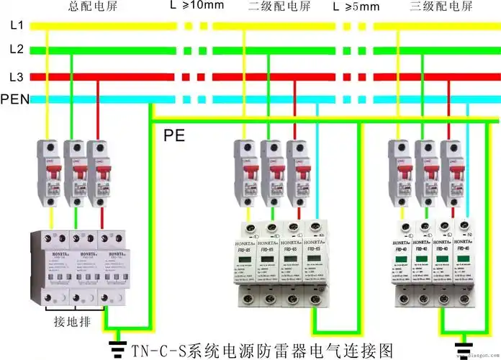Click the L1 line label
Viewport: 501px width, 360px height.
(17, 26)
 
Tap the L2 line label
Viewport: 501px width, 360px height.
(17, 50)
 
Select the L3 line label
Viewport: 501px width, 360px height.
(17, 76)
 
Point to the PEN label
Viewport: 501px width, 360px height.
(15, 99)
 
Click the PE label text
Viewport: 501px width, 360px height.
(175, 135)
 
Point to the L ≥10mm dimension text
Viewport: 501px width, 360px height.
(197, 6)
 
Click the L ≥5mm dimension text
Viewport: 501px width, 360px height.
(356, 6)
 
